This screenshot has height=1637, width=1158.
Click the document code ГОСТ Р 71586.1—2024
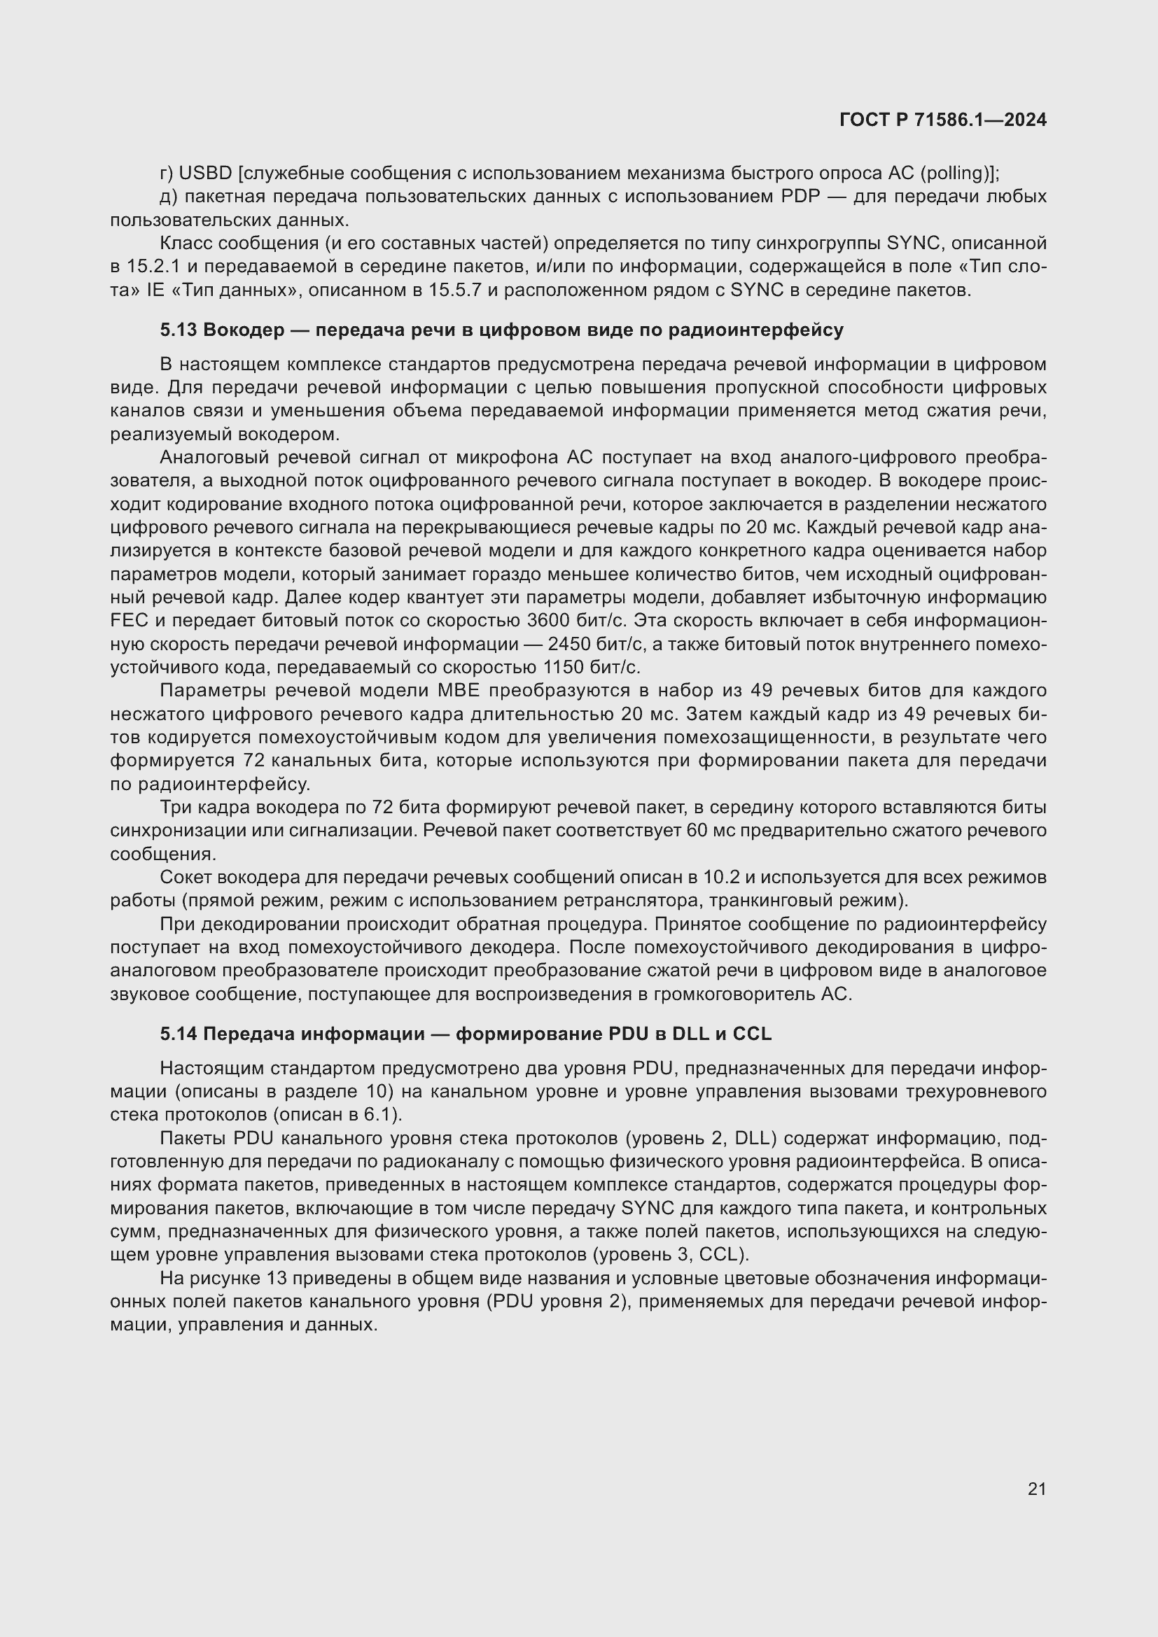click(x=942, y=120)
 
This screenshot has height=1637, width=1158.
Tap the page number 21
click(x=1037, y=1489)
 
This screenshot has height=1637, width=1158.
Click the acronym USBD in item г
click(x=205, y=174)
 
